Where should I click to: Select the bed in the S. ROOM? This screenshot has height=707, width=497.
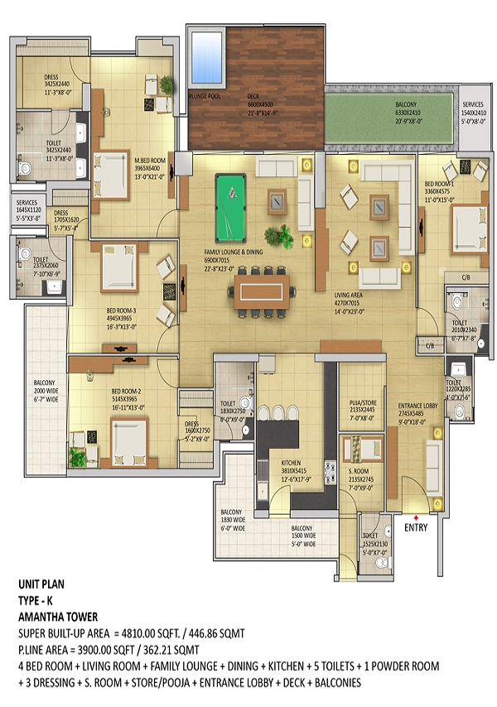(x=362, y=450)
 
